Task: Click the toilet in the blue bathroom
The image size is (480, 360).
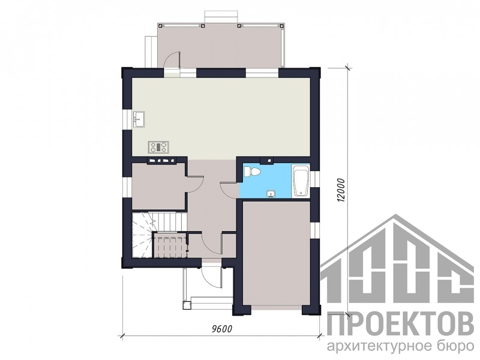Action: (252, 172)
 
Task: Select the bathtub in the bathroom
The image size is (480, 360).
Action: (301, 181)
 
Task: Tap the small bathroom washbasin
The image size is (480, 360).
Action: (271, 194)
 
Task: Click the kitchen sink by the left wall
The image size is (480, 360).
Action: (139, 118)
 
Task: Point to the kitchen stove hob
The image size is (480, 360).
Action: (158, 147)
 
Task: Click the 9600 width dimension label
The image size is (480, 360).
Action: (222, 329)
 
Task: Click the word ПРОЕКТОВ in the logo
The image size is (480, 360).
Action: (400, 323)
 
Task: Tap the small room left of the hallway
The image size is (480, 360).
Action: (159, 187)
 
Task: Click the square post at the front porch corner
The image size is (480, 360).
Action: (187, 306)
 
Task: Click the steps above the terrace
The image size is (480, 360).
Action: (220, 16)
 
